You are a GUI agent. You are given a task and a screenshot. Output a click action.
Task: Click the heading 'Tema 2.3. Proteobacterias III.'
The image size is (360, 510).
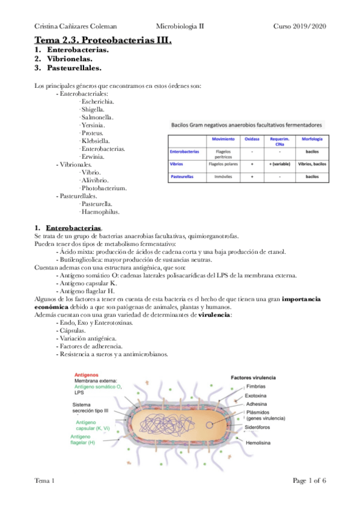[x=103, y=40]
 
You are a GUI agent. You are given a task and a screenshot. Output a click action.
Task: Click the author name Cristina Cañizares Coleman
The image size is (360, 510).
[x=76, y=26]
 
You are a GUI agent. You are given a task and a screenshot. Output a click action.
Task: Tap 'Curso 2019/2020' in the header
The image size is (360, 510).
[x=300, y=26]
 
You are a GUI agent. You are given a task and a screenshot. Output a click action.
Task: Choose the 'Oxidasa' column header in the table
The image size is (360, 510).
[x=252, y=139]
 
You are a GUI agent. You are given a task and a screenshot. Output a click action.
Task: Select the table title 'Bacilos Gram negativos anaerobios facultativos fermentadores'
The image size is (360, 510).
[x=246, y=125]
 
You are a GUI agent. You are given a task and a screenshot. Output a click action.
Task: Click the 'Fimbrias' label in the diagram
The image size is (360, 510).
[x=257, y=387]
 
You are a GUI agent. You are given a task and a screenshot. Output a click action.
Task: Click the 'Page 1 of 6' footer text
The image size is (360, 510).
[x=309, y=481]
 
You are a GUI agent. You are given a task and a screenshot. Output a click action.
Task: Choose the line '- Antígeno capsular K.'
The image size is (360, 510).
[x=86, y=283]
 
